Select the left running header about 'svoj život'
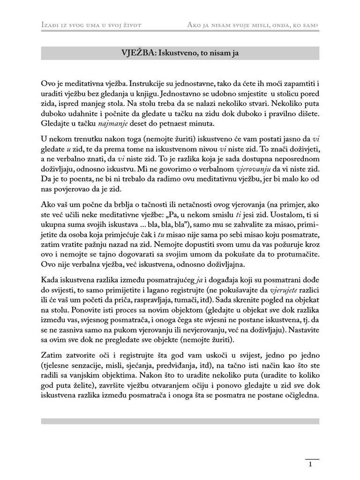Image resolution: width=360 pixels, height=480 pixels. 92,24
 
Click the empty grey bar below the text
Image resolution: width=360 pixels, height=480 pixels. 180,421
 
